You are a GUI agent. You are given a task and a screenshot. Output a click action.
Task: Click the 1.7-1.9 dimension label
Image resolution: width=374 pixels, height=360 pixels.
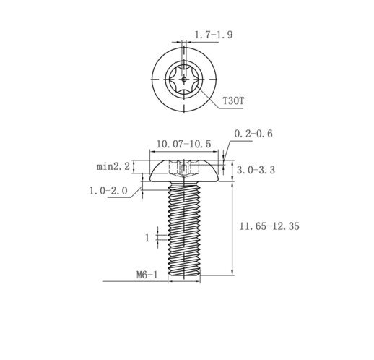(214, 35)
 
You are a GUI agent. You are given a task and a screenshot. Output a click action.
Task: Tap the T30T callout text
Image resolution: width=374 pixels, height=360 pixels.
(233, 100)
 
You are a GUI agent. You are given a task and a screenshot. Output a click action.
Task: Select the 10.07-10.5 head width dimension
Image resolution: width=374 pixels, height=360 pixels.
(183, 144)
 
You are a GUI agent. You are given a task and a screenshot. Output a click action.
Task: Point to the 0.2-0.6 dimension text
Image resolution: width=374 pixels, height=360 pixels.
(253, 134)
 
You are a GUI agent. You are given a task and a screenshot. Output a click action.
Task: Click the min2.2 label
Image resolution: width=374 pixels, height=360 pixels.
(113, 166)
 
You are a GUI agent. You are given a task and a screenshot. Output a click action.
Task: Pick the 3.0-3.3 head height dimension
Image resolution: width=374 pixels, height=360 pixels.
(256, 170)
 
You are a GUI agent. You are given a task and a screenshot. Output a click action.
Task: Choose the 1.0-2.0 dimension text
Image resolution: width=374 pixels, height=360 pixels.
(108, 191)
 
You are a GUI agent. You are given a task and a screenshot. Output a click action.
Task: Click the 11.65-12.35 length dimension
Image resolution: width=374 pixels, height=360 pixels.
(269, 226)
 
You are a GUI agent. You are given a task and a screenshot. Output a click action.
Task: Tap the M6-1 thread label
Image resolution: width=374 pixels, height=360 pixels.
(147, 275)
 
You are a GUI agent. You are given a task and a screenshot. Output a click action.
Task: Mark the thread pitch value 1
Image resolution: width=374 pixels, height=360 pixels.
(147, 239)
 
